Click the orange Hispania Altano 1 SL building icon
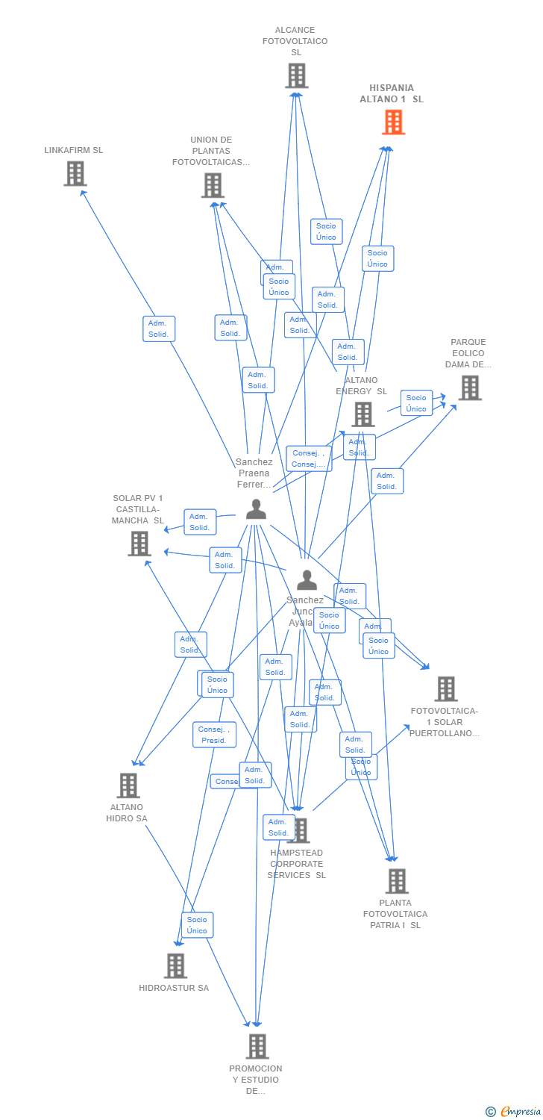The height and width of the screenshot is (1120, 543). pos(393,122)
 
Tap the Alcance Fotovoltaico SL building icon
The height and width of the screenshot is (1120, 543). pos(296,75)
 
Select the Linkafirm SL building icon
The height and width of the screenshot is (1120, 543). pos(75,174)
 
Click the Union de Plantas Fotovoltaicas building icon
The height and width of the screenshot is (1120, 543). pos(213,185)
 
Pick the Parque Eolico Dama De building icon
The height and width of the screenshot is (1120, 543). pos(469,388)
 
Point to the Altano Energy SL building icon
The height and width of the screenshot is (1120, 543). pos(362,414)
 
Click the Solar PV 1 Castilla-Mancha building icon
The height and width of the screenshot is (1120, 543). pos(139,544)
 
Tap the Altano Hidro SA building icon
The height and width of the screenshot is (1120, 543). pos(128,785)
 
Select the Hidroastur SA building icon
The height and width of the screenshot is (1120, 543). pos(175,965)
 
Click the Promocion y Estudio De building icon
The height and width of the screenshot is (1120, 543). pos(257,1046)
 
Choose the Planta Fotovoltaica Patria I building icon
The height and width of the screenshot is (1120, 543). pos(396,881)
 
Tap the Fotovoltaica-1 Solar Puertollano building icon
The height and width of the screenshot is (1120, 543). pos(445,688)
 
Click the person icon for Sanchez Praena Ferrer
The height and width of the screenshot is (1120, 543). pos(256,509)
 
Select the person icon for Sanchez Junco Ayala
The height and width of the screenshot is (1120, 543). pos(307,579)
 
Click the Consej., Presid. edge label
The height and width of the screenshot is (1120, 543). pos(214,735)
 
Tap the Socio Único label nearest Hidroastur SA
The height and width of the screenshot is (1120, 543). pos(197,925)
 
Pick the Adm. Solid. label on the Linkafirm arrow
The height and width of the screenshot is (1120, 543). pos(159,329)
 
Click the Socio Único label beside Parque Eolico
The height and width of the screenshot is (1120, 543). pos(416,403)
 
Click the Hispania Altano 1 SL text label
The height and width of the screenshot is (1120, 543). pos(392,93)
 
